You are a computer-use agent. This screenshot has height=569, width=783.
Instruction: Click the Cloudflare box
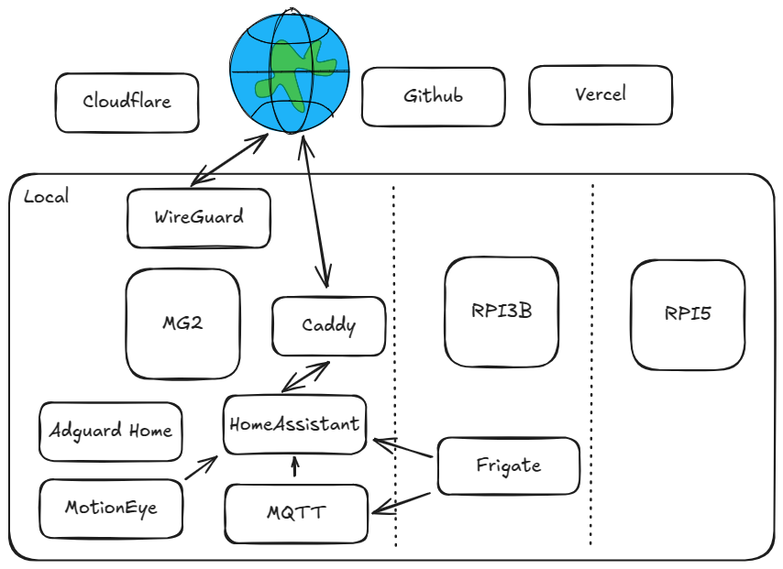(x=127, y=102)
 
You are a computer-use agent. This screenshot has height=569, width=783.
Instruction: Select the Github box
(x=433, y=96)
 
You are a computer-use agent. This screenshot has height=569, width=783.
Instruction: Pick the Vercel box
(x=601, y=94)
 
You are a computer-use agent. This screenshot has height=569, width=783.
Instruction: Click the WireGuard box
(x=198, y=218)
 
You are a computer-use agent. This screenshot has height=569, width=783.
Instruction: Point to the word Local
(x=46, y=197)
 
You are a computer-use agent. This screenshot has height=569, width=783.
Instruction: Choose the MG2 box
(x=182, y=323)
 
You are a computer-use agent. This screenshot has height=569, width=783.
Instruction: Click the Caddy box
(x=328, y=325)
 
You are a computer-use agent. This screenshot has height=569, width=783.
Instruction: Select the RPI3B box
(x=502, y=312)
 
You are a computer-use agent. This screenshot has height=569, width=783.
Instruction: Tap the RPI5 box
(x=688, y=314)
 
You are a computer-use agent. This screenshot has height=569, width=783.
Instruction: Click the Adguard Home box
(x=110, y=431)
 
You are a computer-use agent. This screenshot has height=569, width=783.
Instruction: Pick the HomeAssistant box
(x=294, y=425)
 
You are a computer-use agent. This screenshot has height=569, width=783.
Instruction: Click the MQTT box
(x=295, y=513)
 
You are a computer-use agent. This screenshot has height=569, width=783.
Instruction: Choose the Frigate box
(x=509, y=465)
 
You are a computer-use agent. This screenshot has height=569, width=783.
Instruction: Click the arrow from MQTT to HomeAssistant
(x=294, y=468)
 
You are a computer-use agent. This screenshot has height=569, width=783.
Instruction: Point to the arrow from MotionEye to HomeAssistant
(x=201, y=468)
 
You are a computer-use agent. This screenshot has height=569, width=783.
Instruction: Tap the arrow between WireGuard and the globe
(x=228, y=157)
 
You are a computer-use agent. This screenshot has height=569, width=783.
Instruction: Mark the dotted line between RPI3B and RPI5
(x=591, y=367)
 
